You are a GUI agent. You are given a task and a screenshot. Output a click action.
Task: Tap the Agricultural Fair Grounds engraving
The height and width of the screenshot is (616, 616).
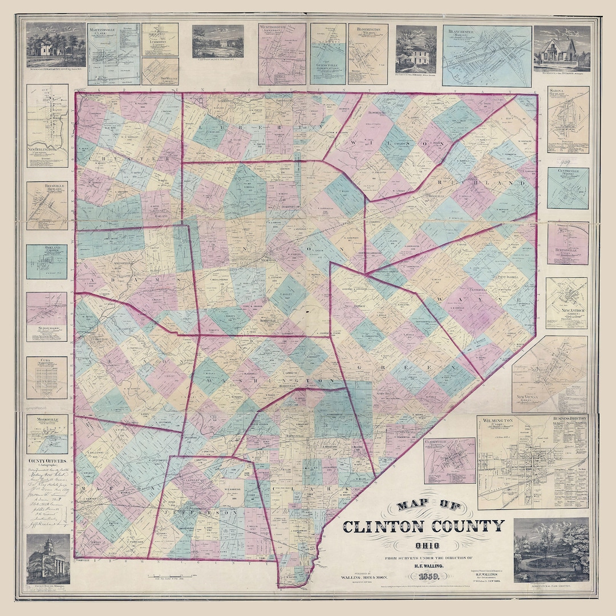coord(551,550)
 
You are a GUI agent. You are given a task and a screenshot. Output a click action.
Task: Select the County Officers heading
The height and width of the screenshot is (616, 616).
coord(50,461)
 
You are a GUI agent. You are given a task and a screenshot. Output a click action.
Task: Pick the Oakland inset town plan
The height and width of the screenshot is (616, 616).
coord(47,262)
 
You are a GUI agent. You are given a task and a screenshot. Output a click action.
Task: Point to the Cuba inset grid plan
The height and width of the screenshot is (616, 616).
coord(47,378)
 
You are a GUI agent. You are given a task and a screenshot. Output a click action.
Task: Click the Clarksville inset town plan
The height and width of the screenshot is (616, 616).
coord(449,460)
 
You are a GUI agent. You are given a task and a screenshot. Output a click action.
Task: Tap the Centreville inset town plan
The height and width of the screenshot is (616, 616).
coord(568,188)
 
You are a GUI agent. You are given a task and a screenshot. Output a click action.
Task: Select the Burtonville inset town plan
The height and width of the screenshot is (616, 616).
coord(568,243)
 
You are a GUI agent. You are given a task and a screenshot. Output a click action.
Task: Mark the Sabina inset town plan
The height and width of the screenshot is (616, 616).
coord(568,119)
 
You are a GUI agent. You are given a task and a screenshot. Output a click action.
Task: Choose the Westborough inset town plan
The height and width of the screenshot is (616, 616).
coord(282,54)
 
